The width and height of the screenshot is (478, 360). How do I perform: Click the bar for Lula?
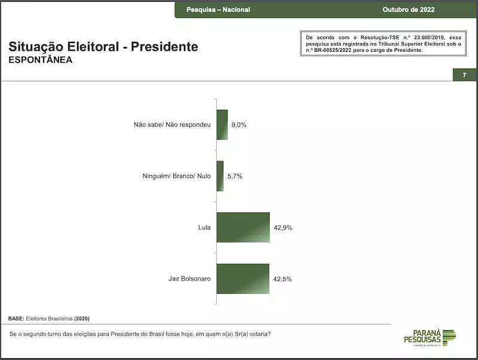click(x=243, y=227)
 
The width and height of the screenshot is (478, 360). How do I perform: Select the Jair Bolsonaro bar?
click(x=243, y=279)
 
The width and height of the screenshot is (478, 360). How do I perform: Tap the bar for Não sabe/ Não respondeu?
click(x=222, y=125)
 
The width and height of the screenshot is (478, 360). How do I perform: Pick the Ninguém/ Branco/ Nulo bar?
click(x=220, y=176)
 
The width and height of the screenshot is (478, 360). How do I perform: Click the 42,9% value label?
click(x=283, y=228)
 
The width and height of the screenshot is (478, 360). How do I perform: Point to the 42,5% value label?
click(x=282, y=279)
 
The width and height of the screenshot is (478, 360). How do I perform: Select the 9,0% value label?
click(x=238, y=125)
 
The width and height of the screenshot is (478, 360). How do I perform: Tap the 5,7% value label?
click(x=234, y=177)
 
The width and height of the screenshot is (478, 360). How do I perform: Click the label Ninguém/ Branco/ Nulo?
click(x=176, y=177)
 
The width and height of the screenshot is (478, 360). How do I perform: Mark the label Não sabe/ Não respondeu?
click(x=173, y=125)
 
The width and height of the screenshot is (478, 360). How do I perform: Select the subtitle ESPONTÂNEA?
click(x=41, y=60)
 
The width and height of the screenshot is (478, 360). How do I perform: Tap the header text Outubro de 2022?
click(x=409, y=10)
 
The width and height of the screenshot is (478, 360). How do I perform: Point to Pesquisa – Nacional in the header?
click(x=218, y=10)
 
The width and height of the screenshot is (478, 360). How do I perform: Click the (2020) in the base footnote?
click(x=82, y=318)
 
